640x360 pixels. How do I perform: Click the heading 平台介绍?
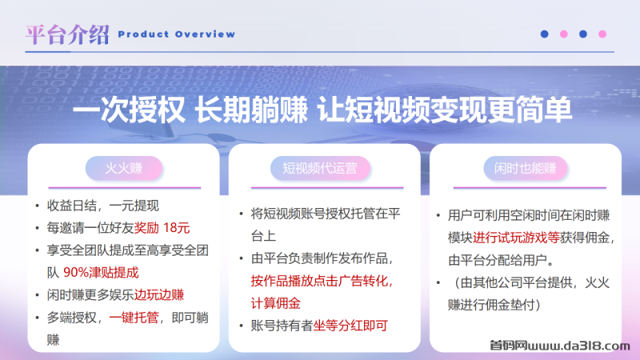[67, 34]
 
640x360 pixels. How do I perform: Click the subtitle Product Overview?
[176, 34]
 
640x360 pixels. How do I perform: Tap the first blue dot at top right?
[544, 34]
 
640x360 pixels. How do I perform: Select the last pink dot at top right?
[602, 34]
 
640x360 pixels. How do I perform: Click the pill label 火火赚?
[124, 168]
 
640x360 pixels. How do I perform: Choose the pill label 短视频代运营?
[320, 168]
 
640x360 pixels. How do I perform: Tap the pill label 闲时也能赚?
[526, 168]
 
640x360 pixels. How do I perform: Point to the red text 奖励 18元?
[162, 228]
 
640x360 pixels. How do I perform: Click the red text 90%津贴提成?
[102, 273]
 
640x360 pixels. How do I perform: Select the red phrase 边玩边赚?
[159, 294]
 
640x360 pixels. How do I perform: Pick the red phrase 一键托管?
[134, 317]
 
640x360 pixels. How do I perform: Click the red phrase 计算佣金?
[275, 303]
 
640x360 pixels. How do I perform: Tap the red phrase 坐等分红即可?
[350, 326]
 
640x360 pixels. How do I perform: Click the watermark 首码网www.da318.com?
[559, 346]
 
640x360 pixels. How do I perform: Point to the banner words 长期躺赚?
[251, 110]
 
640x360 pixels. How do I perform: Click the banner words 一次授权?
[129, 110]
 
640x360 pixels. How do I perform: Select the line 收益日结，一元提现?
[103, 206]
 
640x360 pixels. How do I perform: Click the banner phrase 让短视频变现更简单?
[445, 110]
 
